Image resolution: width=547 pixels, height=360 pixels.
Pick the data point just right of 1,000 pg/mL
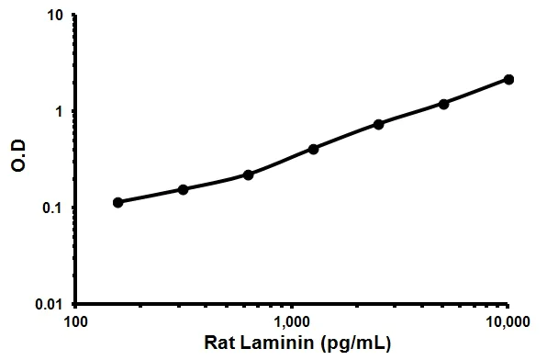[x=314, y=148]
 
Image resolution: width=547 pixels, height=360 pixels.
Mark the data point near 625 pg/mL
[x=249, y=174]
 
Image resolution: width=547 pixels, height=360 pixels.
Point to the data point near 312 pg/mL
[x=183, y=189]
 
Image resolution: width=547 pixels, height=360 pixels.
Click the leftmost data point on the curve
[x=117, y=202]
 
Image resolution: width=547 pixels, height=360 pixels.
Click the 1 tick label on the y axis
[x=61, y=111]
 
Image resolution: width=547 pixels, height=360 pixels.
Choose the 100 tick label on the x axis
[x=76, y=322]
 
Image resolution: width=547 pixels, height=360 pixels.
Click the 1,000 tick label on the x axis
[x=293, y=322]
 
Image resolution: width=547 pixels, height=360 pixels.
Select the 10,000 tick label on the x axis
[x=508, y=322]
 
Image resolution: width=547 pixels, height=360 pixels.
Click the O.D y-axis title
[x=17, y=159]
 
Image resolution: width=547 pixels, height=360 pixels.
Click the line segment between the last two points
[x=476, y=92]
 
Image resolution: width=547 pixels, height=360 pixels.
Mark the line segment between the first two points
[x=150, y=196]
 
